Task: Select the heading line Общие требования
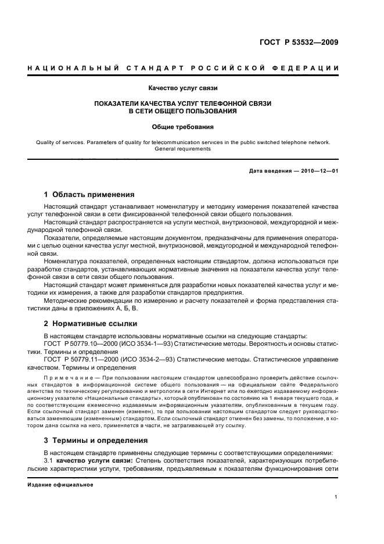[x=182, y=126]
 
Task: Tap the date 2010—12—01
[x=318, y=170]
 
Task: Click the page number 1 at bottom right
[x=336, y=497]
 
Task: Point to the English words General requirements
[x=182, y=149]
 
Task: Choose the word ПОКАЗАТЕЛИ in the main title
[x=124, y=103]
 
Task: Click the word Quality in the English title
[x=46, y=142]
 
